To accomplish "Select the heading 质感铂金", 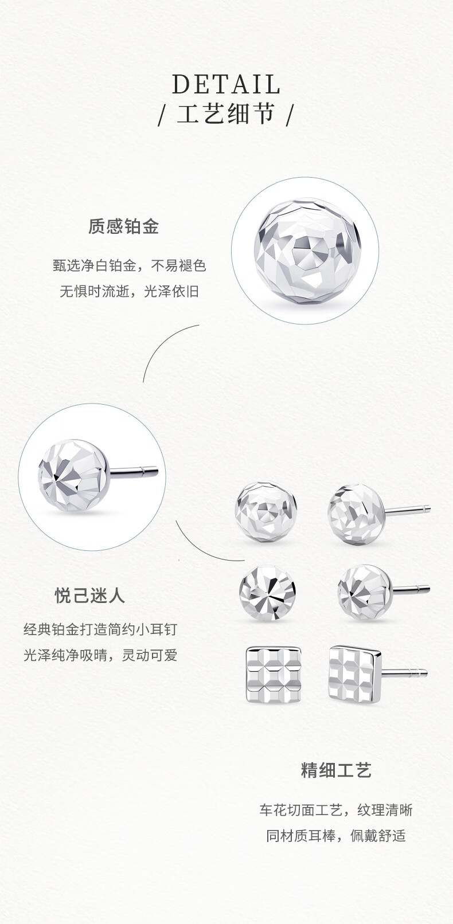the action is [x=123, y=226].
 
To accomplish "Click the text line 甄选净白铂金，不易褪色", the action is [x=130, y=265].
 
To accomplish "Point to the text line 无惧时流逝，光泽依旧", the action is [x=130, y=291].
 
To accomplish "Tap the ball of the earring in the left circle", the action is [x=75, y=476].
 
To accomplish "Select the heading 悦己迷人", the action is [x=90, y=596].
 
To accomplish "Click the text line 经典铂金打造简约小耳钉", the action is [x=101, y=629].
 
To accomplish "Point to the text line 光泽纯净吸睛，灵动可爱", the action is [x=101, y=655].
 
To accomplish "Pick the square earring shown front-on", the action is [x=274, y=675].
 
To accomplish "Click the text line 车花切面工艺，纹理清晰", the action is [x=336, y=810].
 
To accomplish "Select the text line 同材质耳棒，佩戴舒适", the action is [x=336, y=836].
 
